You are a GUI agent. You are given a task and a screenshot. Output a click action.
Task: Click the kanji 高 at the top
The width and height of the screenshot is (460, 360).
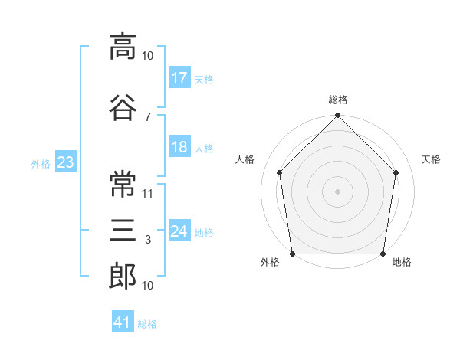pos(123,48)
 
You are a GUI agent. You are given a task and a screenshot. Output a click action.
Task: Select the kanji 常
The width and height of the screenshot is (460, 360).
pos(123,183)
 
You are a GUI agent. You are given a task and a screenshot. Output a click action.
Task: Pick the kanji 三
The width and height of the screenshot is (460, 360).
pos(123,230)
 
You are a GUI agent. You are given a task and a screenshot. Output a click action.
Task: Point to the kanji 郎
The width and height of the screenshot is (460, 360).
pos(123,277)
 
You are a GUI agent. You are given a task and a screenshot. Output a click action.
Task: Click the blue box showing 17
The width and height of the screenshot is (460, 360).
pos(179,77)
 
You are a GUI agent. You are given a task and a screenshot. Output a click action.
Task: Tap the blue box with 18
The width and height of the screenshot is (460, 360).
pos(179,147)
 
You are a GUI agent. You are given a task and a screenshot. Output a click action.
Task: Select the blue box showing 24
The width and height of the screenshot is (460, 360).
pos(179,231)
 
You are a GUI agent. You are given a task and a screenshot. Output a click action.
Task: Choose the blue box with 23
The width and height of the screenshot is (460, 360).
pos(65,162)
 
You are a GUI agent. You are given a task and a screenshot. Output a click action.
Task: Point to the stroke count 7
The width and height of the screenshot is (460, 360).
pos(147,116)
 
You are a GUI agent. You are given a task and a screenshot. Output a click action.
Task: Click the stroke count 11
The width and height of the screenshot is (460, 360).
pos(148,194)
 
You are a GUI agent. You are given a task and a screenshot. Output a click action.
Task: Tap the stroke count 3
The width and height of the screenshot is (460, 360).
pos(147,241)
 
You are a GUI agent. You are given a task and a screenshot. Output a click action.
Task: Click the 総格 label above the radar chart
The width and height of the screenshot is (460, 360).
pos(338,100)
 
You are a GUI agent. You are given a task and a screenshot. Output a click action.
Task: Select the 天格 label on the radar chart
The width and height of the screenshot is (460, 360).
pos(432,159)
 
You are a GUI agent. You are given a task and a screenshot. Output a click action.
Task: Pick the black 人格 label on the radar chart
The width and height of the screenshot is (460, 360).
pos(245,159)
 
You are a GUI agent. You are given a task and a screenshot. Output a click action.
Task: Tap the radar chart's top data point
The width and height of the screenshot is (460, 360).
pos(338,116)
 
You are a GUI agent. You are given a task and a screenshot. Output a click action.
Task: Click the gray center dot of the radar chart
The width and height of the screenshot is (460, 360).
pos(338,191)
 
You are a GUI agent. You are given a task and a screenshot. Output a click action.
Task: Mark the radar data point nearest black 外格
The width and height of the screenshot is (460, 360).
pos(292,254)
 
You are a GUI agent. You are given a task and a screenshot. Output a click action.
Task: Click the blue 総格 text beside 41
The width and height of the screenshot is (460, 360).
pos(147,324)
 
